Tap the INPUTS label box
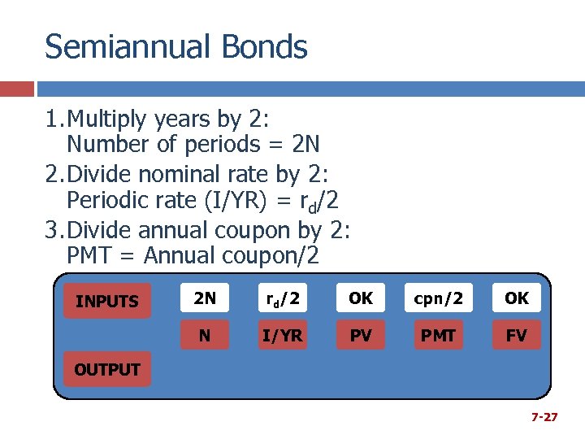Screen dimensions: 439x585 (x=107, y=302)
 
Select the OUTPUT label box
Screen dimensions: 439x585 (x=107, y=370)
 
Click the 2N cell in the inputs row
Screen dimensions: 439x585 (x=205, y=298)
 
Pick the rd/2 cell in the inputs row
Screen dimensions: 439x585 (x=283, y=298)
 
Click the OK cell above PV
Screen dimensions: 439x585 (x=361, y=298)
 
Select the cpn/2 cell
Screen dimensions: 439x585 (x=439, y=298)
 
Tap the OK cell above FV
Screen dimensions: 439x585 (x=516, y=298)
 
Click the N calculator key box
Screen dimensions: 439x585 (x=205, y=335)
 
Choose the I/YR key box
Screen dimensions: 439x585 (x=283, y=335)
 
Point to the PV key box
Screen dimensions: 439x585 (x=361, y=335)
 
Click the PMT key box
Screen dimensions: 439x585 (x=439, y=335)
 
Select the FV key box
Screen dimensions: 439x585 (x=516, y=335)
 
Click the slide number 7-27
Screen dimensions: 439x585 (x=544, y=417)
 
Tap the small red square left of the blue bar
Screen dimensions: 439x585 (x=17, y=88)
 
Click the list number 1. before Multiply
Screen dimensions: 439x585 (x=54, y=120)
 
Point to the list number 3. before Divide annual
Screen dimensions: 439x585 (x=54, y=230)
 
